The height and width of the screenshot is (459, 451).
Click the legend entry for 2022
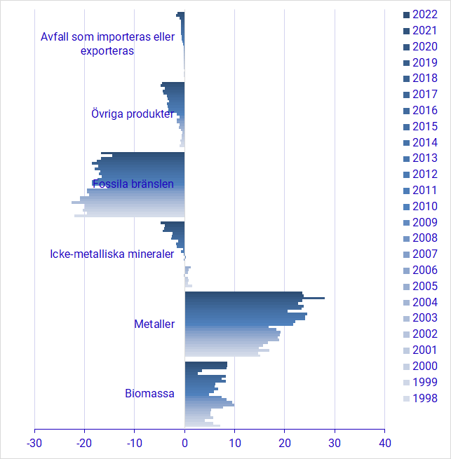click(x=424, y=14)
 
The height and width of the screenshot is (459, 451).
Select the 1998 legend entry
click(x=424, y=398)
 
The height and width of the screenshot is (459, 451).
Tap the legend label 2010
click(x=424, y=206)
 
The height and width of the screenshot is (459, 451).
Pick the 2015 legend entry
click(x=424, y=126)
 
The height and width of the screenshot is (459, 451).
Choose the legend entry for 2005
click(x=424, y=286)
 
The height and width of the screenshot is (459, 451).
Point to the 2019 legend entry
click(x=424, y=62)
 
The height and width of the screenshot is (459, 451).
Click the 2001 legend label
click(x=424, y=350)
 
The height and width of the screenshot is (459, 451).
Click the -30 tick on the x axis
click(x=34, y=443)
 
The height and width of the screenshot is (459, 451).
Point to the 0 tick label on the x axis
click(x=184, y=443)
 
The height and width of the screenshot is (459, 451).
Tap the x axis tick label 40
click(x=384, y=443)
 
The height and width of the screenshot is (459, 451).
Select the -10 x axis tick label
click(x=135, y=443)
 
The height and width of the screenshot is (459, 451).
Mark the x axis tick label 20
click(x=285, y=443)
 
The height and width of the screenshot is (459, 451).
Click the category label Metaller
click(x=154, y=324)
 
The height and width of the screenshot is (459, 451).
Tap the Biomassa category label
click(x=149, y=393)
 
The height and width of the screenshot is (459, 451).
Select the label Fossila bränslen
click(x=133, y=184)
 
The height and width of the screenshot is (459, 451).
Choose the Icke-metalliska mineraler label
click(x=112, y=254)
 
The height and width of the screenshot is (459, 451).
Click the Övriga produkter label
click(x=133, y=114)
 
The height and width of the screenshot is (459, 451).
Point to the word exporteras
click(x=107, y=50)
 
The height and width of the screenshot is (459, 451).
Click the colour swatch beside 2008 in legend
click(x=406, y=238)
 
